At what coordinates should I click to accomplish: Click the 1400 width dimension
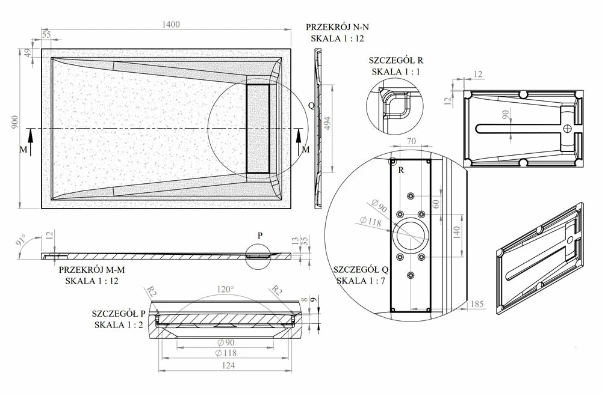pos(171,25)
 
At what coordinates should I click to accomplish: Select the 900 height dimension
pos(14,123)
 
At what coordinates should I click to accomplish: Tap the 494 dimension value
pos(327,123)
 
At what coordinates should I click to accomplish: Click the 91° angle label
pos(20,240)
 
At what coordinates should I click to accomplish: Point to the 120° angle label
pos(225,289)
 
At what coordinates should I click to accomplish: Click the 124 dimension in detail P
pos(228,365)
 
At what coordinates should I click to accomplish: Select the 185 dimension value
pos(476,304)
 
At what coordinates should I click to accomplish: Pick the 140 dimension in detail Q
pos(456,233)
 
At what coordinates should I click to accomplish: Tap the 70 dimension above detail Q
pos(411,141)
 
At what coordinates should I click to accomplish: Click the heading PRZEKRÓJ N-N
pos(338,27)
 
